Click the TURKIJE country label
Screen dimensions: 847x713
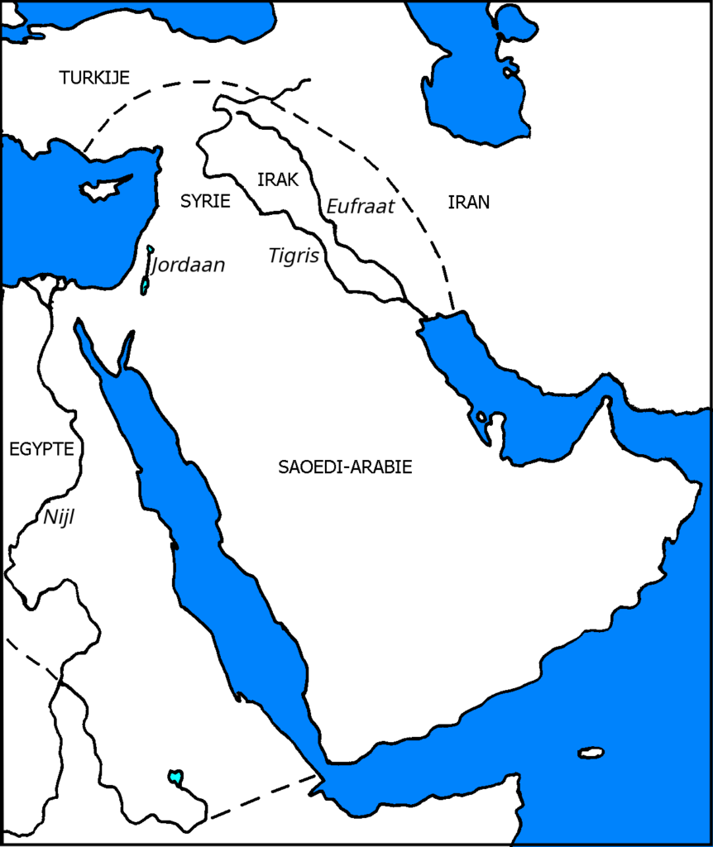(x=95, y=78)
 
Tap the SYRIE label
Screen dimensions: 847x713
(x=205, y=201)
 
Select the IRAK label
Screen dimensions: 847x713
(x=277, y=180)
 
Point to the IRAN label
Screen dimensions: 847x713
(x=469, y=201)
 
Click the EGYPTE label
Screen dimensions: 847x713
(x=41, y=449)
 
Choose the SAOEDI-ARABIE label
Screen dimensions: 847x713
(x=345, y=467)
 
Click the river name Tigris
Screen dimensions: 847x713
(x=294, y=256)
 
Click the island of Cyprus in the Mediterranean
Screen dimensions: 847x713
(x=103, y=189)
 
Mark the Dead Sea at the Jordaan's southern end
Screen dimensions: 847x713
(x=145, y=285)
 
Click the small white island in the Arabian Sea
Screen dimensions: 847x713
(x=591, y=753)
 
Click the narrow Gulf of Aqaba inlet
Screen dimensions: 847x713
(x=126, y=351)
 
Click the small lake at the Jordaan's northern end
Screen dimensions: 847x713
(x=150, y=249)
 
